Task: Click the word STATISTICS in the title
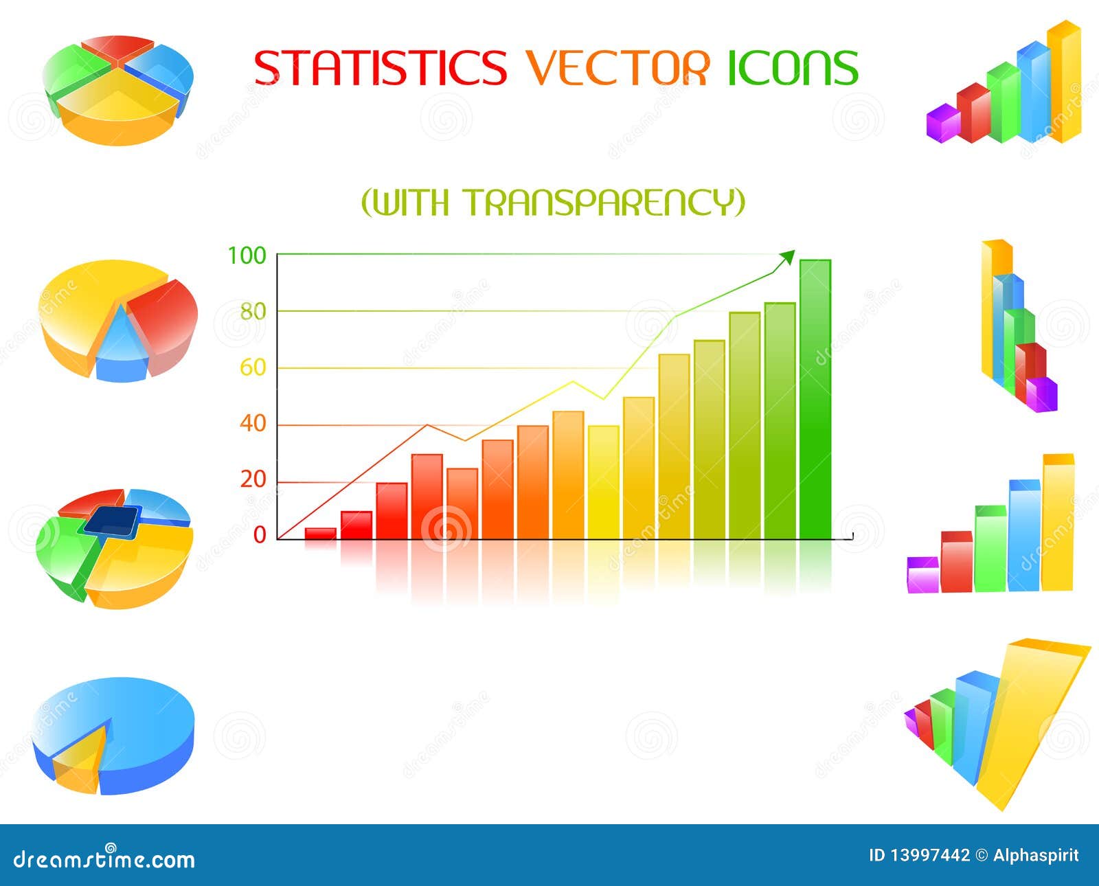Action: coord(380,67)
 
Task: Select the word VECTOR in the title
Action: coord(618,67)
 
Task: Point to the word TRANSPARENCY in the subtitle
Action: coord(604,202)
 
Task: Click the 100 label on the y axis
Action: coord(247,256)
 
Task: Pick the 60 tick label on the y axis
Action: coord(252,368)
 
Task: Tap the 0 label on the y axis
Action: coord(260,535)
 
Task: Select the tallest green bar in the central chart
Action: coord(815,398)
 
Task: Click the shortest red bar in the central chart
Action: coord(320,533)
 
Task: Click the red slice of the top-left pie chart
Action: coord(117,47)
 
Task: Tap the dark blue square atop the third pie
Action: coord(112,521)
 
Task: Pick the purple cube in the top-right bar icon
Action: coord(942,124)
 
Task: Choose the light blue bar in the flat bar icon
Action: coord(1024,536)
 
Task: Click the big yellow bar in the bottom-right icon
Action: coord(1023,721)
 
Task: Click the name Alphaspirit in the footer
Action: coord(1035,855)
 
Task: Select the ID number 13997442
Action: coord(929,855)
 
